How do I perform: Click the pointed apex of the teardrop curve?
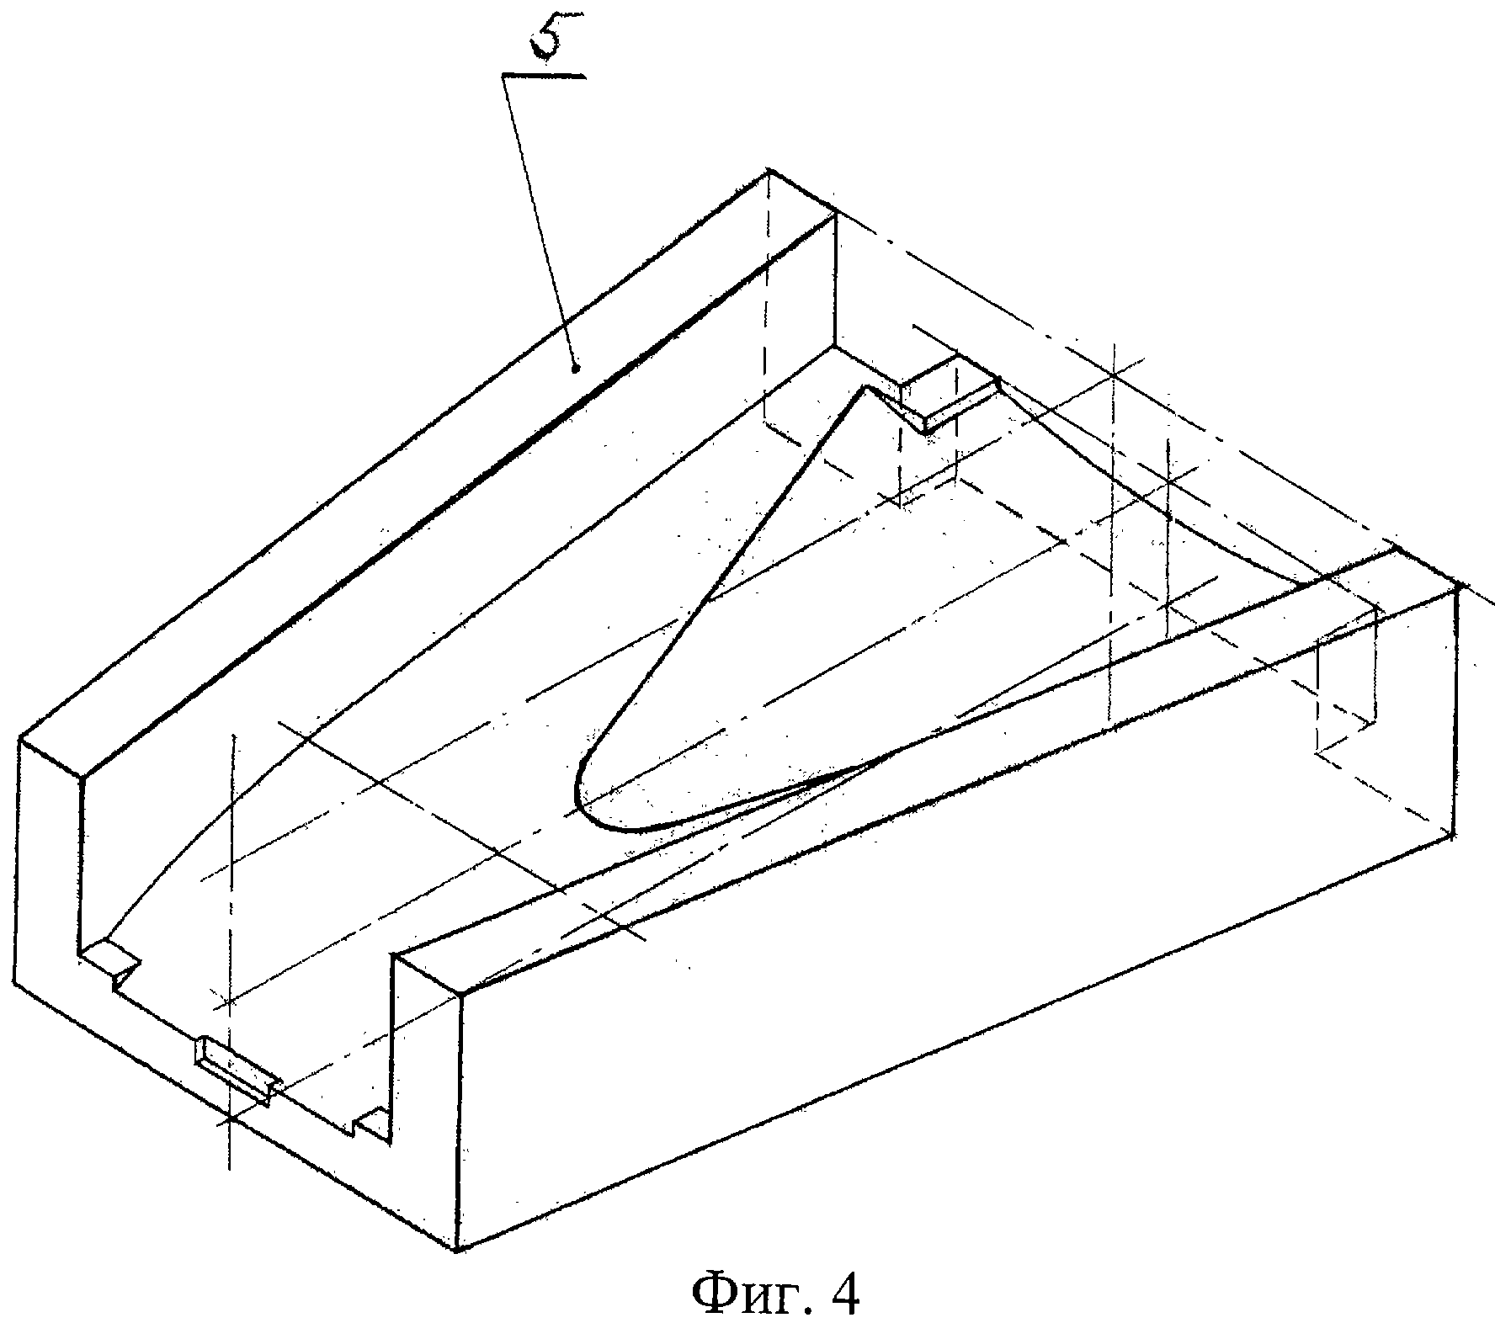click(x=864, y=386)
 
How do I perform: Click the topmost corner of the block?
click(x=769, y=172)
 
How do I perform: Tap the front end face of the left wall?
click(x=51, y=884)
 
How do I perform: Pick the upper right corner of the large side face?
click(x=1457, y=587)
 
